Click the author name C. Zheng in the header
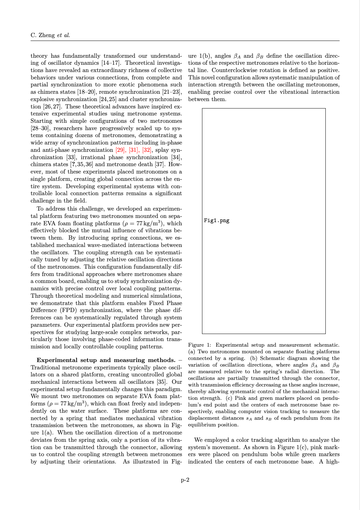pos(43,35)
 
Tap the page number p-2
pos(185,480)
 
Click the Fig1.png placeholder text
pos(217,220)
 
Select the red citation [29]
pos(121,150)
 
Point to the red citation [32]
pos(147,150)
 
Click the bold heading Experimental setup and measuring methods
pos(106,360)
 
